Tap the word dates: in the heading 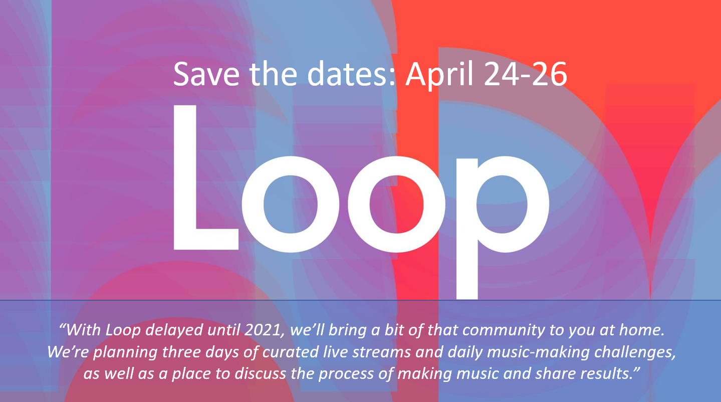(x=351, y=74)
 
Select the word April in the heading (x=439, y=76)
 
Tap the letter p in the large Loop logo (x=502, y=226)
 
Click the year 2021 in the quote (x=265, y=330)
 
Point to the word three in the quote (x=181, y=352)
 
